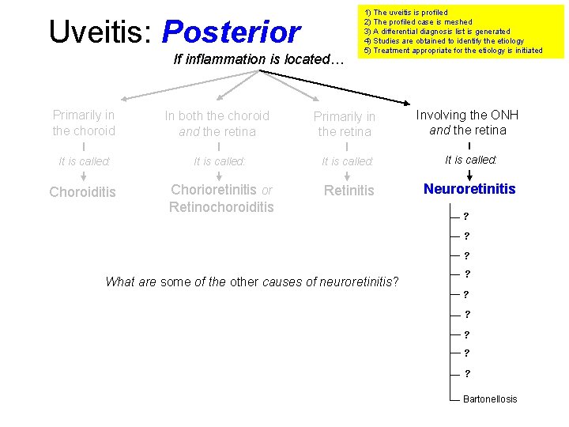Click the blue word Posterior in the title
pyautogui.click(x=231, y=32)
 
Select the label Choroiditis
pyautogui.click(x=83, y=192)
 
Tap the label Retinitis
pyautogui.click(x=349, y=191)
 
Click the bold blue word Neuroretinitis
pyautogui.click(x=469, y=189)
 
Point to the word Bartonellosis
pyautogui.click(x=490, y=399)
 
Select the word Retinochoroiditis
pyautogui.click(x=221, y=207)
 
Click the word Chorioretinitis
pyautogui.click(x=214, y=191)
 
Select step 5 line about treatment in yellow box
pyautogui.click(x=453, y=51)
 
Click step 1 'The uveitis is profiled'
pyautogui.click(x=405, y=13)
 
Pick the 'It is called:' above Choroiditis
pyautogui.click(x=85, y=161)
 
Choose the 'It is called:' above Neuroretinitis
pyautogui.click(x=470, y=160)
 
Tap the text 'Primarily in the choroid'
pyautogui.click(x=84, y=123)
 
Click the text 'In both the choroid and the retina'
pyautogui.click(x=217, y=123)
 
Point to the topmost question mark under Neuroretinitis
pyautogui.click(x=466, y=216)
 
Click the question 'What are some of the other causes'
pyautogui.click(x=252, y=282)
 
